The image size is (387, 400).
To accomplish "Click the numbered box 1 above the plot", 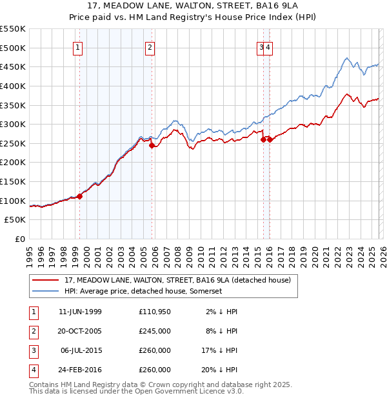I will coord(77,46).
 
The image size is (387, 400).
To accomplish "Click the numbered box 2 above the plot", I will coord(150,46).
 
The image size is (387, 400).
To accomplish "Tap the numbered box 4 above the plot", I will coord(268,46).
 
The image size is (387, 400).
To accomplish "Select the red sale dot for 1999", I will coord(80,196).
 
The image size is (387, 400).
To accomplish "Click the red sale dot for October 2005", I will coord(152,146).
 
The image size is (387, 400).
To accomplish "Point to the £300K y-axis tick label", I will coord(14,124).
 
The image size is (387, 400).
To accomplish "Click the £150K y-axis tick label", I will coord(14,181).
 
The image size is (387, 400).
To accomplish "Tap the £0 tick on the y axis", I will coord(21,239).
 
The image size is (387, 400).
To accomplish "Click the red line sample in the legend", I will coord(45,280).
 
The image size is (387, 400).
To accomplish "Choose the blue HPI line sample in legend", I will coord(45,291).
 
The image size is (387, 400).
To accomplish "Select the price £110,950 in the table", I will coord(155,312).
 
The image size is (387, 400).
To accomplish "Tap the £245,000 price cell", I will coord(155,331).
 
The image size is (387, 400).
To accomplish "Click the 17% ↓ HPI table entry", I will coord(223,350).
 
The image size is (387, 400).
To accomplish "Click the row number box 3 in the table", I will coord(34,350).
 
